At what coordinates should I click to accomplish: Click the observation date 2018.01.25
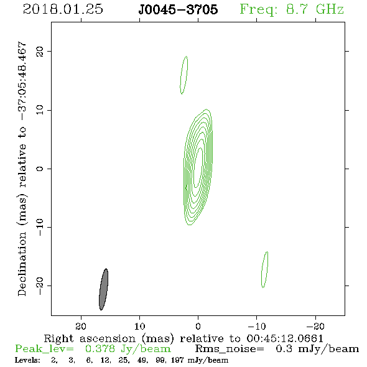pos(63,9)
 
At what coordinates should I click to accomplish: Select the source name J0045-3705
pos(178,9)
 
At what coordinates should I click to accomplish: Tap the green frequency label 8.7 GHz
pos(315,9)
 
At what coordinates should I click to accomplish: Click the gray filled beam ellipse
pos(104,289)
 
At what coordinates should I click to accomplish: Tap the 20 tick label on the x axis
pos(81,326)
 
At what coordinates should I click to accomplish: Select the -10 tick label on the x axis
pos(257,326)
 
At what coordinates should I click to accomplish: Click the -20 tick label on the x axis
pos(315,326)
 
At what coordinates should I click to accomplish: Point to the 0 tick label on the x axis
pos(198,326)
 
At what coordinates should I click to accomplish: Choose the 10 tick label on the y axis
pos(40,110)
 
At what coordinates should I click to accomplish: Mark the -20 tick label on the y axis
pos(40,286)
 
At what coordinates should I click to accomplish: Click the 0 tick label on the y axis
pos(40,169)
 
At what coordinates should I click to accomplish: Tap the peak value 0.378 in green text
pos(100,349)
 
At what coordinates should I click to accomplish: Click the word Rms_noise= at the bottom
pos(230,349)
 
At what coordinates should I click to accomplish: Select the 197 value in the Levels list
pos(177,360)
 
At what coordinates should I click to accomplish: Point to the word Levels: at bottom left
pos(27,360)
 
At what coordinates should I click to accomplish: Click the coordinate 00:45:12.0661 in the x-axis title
pos(285,338)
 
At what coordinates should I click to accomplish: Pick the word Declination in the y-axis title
pos(22,264)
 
